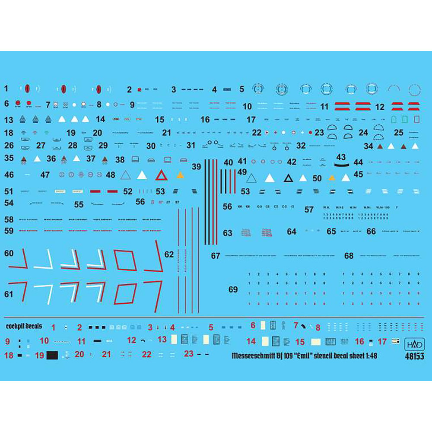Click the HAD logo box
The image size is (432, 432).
click(x=415, y=345)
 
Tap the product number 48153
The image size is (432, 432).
click(x=415, y=356)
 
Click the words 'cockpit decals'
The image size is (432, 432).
click(x=24, y=326)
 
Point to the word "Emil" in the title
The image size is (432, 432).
click(x=311, y=356)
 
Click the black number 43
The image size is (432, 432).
click(x=341, y=157)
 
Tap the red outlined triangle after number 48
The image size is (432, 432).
click(x=162, y=175)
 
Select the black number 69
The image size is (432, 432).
click(x=233, y=289)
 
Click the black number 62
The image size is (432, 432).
click(x=169, y=254)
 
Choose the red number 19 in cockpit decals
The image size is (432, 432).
click(x=39, y=355)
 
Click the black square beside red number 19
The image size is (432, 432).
click(x=52, y=355)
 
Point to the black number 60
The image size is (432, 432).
click(x=9, y=253)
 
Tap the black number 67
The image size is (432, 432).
click(x=216, y=256)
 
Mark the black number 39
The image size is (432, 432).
click(x=197, y=166)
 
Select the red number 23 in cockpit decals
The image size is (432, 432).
click(x=188, y=353)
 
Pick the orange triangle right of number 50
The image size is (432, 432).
click(x=332, y=178)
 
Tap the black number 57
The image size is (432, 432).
click(x=309, y=210)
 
